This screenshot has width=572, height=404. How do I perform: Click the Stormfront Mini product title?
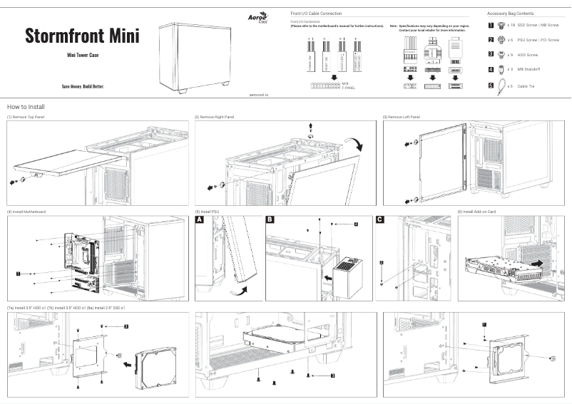(82, 36)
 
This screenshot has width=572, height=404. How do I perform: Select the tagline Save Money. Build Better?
(82, 86)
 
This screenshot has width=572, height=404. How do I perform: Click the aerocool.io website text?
(260, 93)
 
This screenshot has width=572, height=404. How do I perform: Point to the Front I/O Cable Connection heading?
(316, 14)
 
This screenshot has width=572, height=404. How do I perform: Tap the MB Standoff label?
(529, 69)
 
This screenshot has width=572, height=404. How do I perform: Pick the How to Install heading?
(26, 106)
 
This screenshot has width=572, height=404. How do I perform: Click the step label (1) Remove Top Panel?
(25, 116)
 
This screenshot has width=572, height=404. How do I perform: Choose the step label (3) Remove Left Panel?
(402, 116)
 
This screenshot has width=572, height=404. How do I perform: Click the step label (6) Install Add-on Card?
(476, 212)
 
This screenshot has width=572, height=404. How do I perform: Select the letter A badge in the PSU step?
(200, 221)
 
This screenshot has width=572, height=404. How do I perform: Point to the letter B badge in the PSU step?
(270, 221)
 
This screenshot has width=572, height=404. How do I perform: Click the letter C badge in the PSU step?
(380, 221)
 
